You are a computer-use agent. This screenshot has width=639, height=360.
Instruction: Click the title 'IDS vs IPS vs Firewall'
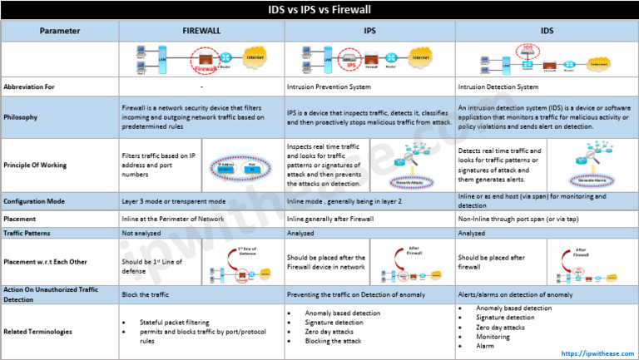click(319, 10)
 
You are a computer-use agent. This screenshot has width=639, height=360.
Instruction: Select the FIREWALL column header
click(201, 31)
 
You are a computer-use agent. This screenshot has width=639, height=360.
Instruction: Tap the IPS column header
click(369, 31)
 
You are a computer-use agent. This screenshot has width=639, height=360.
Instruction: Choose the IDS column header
click(546, 31)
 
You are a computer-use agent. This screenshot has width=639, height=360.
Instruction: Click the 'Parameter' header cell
click(60, 31)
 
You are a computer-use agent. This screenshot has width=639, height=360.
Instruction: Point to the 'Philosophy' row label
click(21, 116)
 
